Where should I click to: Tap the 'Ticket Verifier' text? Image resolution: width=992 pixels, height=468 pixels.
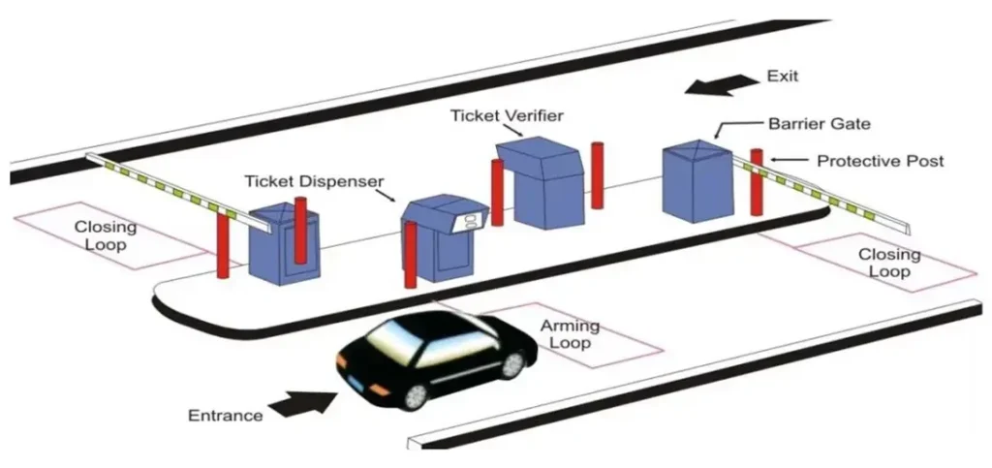pos(507,115)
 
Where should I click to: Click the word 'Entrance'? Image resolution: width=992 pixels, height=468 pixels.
pos(225,416)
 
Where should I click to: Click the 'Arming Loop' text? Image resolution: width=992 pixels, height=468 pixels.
pos(570,334)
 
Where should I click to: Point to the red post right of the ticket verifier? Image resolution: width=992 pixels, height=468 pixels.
pos(598,174)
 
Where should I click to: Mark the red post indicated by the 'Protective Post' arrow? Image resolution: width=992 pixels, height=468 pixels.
pos(757,182)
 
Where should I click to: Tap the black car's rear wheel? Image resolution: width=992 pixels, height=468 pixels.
pos(513,362)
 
